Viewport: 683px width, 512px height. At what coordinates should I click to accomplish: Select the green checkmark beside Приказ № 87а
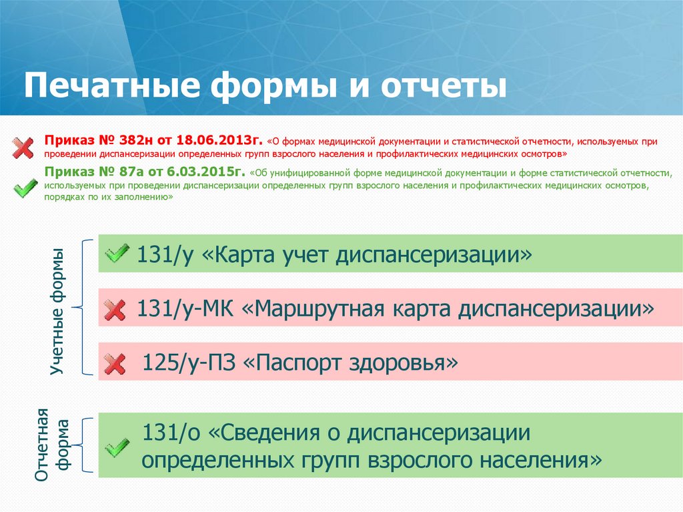[x=25, y=187]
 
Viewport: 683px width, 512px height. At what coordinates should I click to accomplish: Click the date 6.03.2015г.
[x=212, y=171]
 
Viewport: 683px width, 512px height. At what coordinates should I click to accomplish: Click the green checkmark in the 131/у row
[x=117, y=253]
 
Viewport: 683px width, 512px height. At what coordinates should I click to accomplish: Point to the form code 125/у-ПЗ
[x=189, y=363]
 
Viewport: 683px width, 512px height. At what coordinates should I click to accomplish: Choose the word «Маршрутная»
[x=320, y=308]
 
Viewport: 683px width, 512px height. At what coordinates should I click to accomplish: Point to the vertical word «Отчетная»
[x=42, y=444]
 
